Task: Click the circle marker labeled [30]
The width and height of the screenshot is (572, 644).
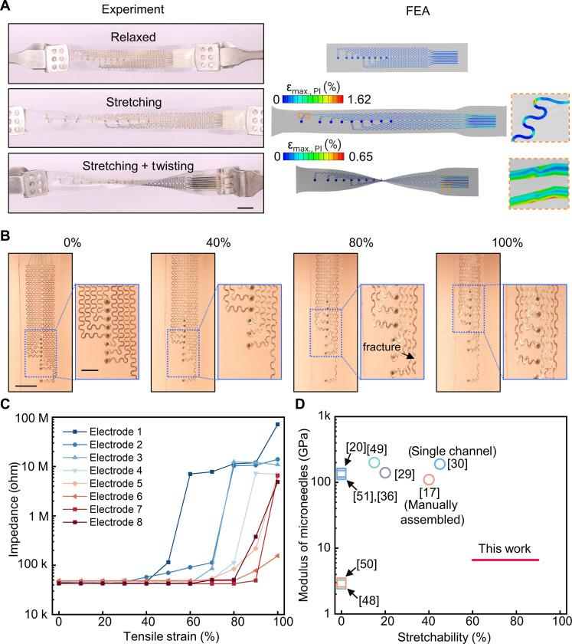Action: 440,464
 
